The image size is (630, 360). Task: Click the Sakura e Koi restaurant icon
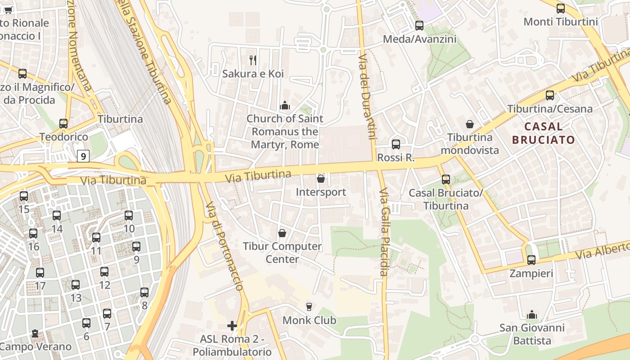(x=253, y=60)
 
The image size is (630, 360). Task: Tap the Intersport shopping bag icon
(x=321, y=179)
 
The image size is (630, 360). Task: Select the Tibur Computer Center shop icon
(x=282, y=233)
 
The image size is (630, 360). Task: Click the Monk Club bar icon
(x=309, y=307)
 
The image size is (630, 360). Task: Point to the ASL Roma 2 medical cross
(x=232, y=325)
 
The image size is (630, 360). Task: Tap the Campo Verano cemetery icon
(x=35, y=334)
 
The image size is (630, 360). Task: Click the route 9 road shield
(x=83, y=156)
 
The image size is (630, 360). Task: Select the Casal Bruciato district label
(x=544, y=133)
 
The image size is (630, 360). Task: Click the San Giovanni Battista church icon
(x=532, y=315)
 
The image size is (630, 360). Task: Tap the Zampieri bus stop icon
(x=531, y=260)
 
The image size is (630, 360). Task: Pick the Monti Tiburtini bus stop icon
(x=561, y=9)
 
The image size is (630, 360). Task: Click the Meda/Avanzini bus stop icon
(x=419, y=26)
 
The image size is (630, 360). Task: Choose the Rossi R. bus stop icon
(x=396, y=144)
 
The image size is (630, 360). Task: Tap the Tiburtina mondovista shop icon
(x=470, y=124)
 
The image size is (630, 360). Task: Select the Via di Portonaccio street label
(x=225, y=246)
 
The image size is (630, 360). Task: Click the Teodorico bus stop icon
(x=63, y=124)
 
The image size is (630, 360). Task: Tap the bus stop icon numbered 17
(x=40, y=273)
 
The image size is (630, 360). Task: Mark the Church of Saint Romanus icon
(x=284, y=106)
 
